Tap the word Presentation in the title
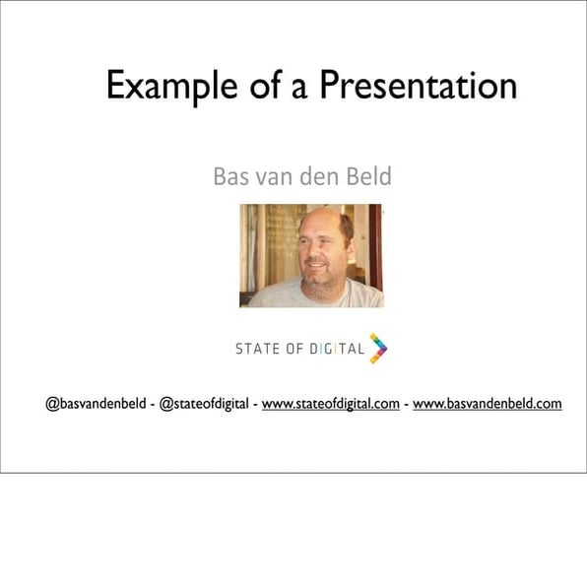(x=418, y=86)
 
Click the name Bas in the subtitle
(x=230, y=177)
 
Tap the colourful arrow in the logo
(x=378, y=348)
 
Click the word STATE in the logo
(x=255, y=349)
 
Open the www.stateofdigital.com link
(x=330, y=404)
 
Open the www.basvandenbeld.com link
(x=487, y=404)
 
